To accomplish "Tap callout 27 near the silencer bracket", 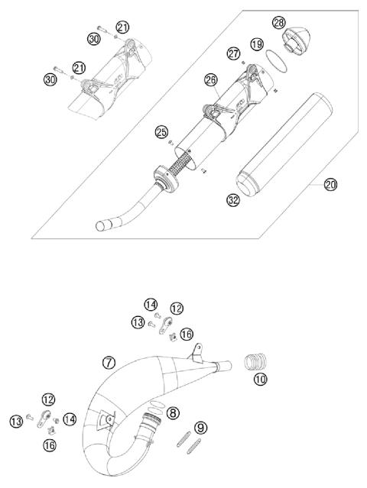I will [233, 53].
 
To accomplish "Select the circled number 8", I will [174, 412].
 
